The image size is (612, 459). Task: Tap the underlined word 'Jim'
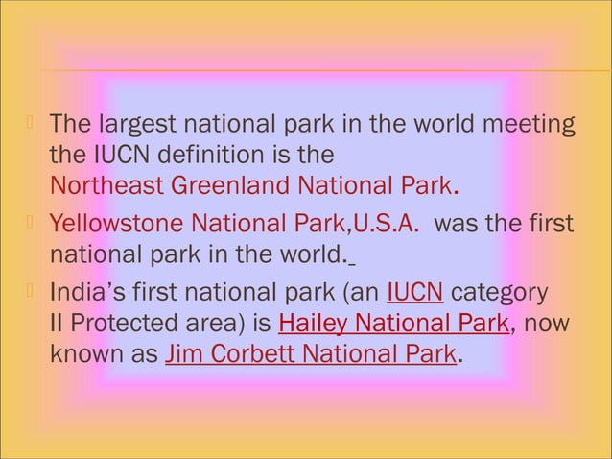(x=183, y=355)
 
